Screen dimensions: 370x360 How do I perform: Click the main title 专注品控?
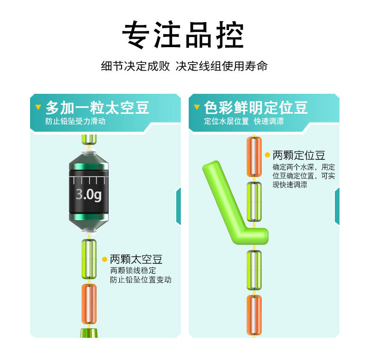coord(183,35)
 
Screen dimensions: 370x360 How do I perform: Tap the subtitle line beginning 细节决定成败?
coord(184,66)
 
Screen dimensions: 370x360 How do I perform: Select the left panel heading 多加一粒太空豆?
coord(97,108)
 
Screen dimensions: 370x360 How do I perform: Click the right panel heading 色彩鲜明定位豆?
coord(256,108)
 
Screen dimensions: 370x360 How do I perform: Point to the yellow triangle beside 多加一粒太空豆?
coord(38,108)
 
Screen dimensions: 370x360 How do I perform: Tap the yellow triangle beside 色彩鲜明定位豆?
coord(197,108)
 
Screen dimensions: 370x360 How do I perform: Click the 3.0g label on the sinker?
coord(88,194)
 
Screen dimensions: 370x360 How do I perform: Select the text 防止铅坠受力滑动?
coord(75,122)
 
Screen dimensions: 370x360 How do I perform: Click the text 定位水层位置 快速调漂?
coord(244,122)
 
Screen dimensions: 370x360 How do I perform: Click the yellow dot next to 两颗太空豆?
coord(105,259)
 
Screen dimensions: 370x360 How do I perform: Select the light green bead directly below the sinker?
coord(89,259)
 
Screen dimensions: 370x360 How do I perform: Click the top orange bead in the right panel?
coord(254,156)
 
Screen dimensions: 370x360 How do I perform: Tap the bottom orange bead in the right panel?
coord(254,315)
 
